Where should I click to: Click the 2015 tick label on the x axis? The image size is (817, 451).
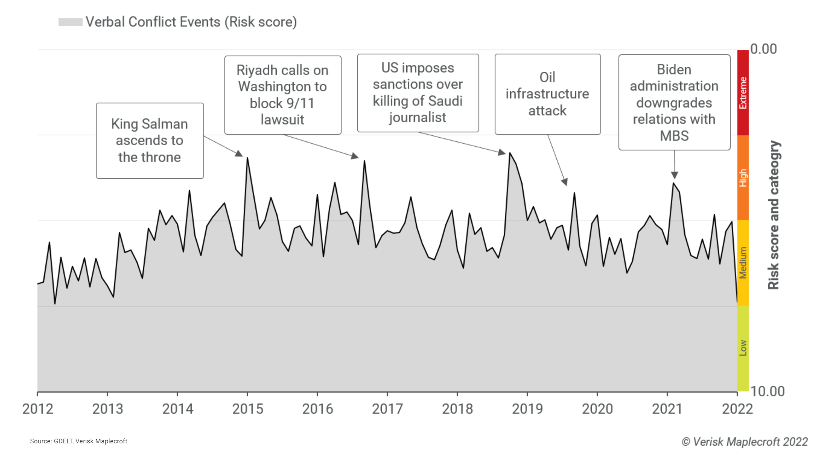(x=247, y=409)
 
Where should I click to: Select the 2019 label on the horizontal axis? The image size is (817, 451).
(x=527, y=409)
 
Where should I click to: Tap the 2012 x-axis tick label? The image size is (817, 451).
(x=38, y=409)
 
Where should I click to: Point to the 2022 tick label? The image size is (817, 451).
(x=737, y=409)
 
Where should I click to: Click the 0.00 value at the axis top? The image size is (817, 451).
(x=763, y=49)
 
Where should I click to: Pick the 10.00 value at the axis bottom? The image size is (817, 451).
(x=768, y=391)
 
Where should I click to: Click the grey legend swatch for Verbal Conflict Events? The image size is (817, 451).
(x=70, y=22)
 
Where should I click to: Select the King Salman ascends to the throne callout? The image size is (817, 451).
(x=150, y=141)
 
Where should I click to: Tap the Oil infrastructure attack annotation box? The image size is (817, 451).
(x=547, y=94)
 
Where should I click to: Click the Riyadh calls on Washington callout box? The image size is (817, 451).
(x=282, y=95)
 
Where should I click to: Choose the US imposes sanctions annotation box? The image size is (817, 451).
(x=418, y=93)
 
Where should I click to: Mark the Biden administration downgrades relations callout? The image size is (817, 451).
(x=674, y=103)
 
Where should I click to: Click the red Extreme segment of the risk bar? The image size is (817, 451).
(x=743, y=93)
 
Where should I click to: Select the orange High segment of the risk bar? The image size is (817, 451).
(x=743, y=178)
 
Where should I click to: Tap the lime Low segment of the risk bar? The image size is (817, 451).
(x=743, y=348)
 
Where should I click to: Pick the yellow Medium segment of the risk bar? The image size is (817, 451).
(x=743, y=263)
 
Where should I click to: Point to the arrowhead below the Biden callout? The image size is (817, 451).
(x=675, y=175)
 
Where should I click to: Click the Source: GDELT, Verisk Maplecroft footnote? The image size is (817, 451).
(x=78, y=441)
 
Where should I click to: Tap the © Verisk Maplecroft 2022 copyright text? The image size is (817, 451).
(x=745, y=442)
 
